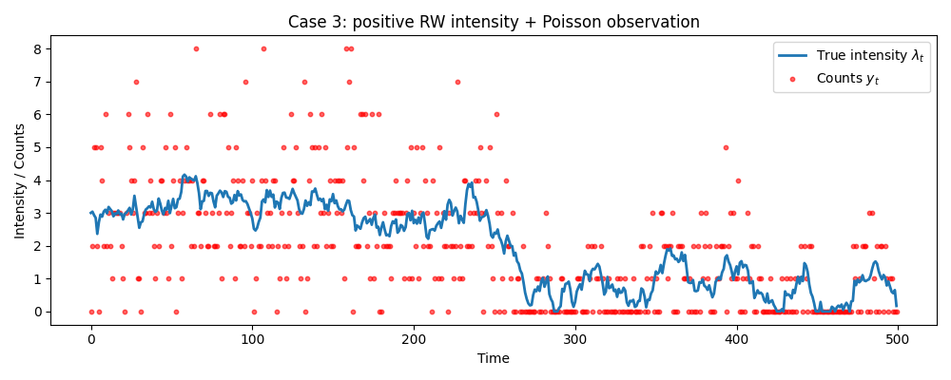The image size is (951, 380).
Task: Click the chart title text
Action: coord(494,22)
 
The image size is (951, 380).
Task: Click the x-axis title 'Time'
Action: coord(494,358)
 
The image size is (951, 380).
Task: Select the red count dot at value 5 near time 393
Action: coord(726,147)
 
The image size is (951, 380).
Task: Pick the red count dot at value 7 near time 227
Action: coord(457,82)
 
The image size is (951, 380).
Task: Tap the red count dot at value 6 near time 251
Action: coord(496,114)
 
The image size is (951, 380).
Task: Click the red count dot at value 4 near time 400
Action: coord(737,180)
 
